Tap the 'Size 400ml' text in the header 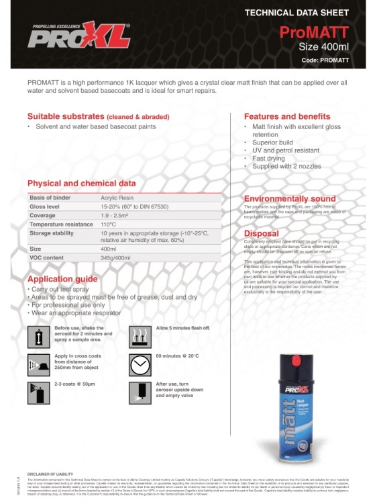324,46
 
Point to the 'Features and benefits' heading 286,116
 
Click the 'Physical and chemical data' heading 81,183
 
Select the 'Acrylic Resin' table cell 119,198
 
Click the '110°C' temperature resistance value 109,224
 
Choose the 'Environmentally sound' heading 289,199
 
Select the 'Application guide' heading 63,279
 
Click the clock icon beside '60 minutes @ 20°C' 139,364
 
